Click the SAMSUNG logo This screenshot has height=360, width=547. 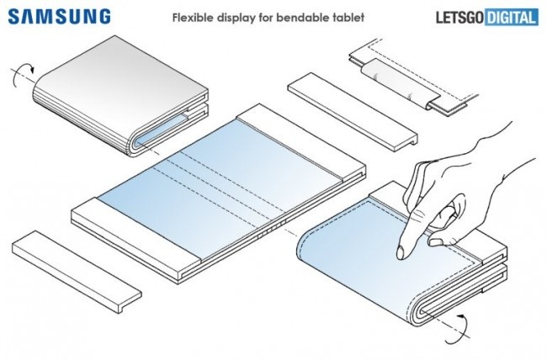[x=60, y=16]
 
